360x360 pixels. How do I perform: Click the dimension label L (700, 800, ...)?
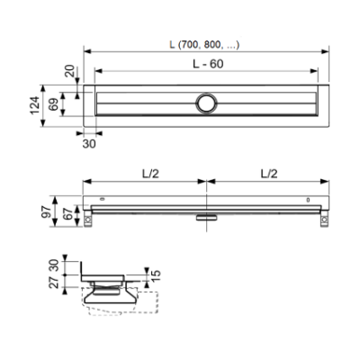[204, 45]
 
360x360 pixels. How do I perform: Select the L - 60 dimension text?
[208, 64]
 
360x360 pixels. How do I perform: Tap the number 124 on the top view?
[35, 105]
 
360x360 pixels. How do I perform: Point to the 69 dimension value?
[54, 103]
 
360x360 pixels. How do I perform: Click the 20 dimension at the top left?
[71, 72]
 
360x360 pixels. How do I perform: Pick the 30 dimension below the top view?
[89, 144]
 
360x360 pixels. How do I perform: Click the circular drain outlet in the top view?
[206, 103]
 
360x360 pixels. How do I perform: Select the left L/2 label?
[150, 174]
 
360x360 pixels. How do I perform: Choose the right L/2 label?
[269, 174]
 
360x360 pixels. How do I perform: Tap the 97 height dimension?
[45, 212]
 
